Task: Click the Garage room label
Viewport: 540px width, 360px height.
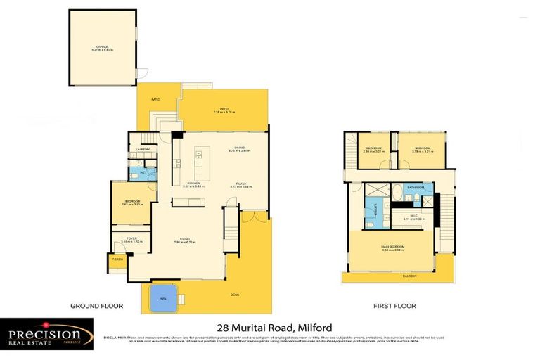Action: (x=101, y=48)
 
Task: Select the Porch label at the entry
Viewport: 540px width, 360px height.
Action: (x=117, y=259)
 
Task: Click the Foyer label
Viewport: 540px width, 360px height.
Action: (x=131, y=238)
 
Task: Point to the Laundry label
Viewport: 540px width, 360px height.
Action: (x=143, y=150)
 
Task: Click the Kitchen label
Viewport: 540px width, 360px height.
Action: (x=193, y=184)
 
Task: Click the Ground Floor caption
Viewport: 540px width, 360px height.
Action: (x=96, y=306)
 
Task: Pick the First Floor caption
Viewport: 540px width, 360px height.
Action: (x=394, y=306)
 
